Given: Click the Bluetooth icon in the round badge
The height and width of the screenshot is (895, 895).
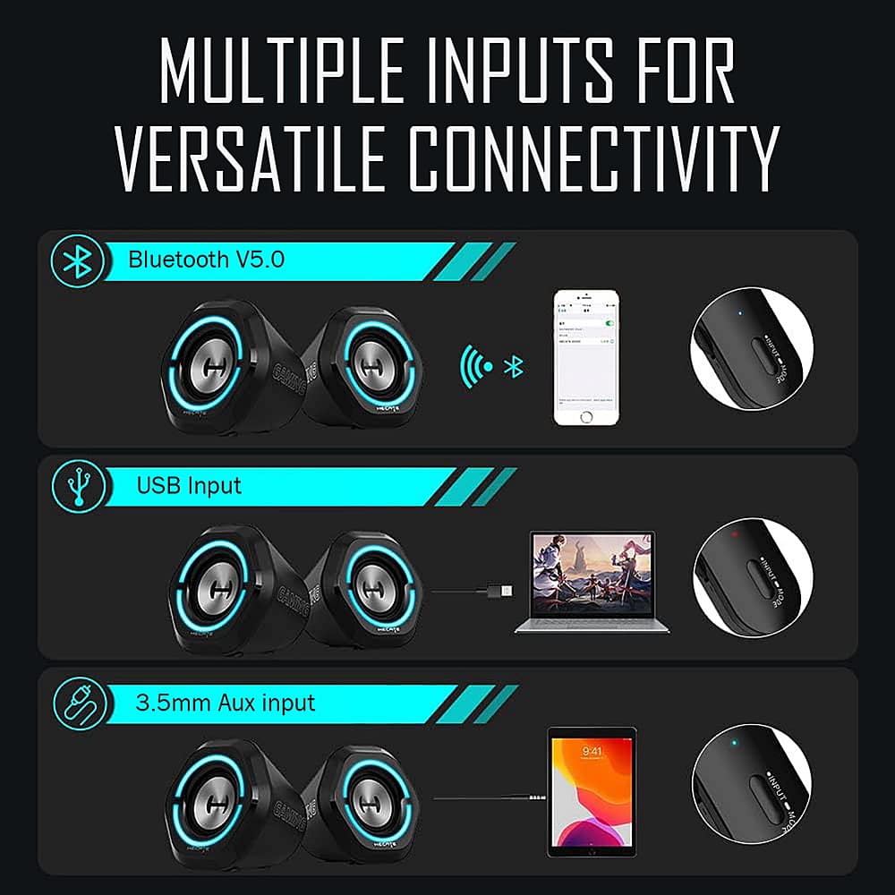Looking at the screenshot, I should (x=79, y=261).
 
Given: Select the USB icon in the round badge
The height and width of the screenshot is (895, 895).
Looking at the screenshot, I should (x=79, y=486).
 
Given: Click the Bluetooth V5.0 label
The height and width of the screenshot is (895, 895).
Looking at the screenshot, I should (x=206, y=260).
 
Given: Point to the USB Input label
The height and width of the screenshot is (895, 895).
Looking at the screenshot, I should (x=189, y=486).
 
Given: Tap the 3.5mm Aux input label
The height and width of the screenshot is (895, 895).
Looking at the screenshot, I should (x=226, y=702).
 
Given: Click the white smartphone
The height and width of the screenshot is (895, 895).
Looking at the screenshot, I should (x=586, y=356).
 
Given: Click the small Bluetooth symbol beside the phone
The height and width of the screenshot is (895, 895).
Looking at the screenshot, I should (x=514, y=366).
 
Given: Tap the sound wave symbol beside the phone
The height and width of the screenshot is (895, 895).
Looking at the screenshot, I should (x=478, y=365).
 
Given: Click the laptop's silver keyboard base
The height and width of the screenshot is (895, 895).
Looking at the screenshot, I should (x=592, y=625).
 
